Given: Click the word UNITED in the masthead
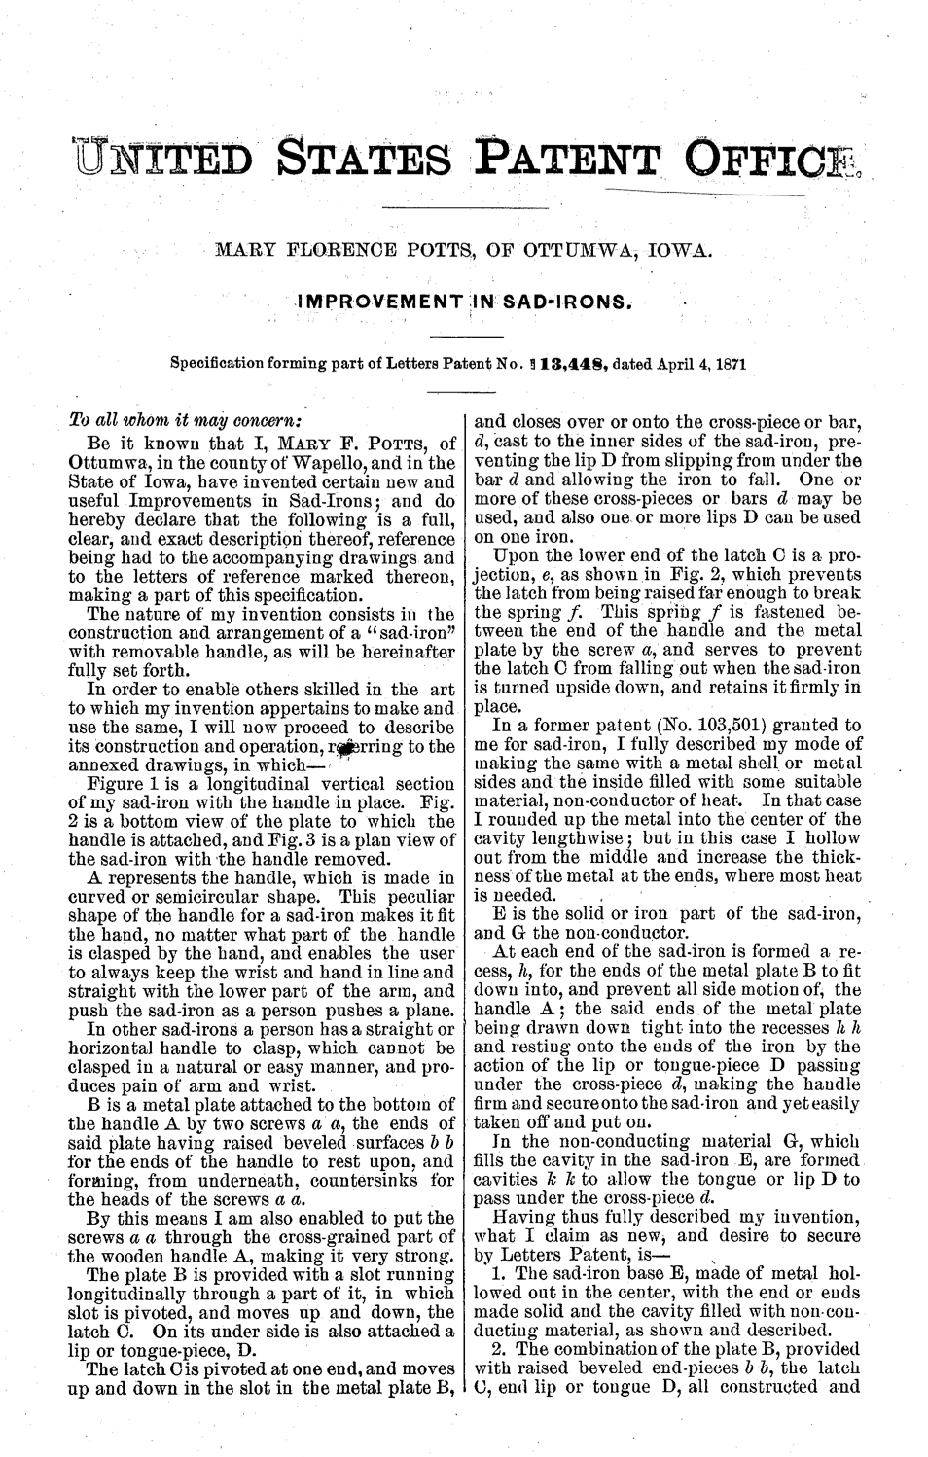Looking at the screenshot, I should pos(161,162).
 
